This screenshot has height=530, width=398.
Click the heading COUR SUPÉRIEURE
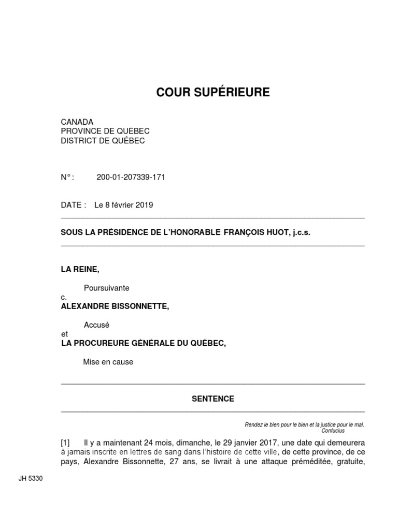(213, 93)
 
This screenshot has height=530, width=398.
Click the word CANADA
(77, 122)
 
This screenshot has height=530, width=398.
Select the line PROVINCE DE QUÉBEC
(105, 131)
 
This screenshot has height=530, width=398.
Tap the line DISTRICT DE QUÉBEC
(103, 140)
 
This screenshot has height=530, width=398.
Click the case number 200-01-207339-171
(131, 178)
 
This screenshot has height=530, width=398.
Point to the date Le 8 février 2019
(124, 205)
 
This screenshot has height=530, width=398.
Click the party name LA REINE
(80, 269)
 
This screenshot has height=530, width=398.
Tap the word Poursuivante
(107, 288)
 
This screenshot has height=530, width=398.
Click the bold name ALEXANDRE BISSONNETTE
(115, 306)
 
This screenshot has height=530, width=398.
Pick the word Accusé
(97, 325)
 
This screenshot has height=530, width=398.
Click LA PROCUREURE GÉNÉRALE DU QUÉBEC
(144, 343)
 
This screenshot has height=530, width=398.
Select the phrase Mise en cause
(108, 362)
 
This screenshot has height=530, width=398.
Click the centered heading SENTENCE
(213, 399)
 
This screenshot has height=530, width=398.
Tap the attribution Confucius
(333, 431)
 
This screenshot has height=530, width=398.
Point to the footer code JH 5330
(31, 479)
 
